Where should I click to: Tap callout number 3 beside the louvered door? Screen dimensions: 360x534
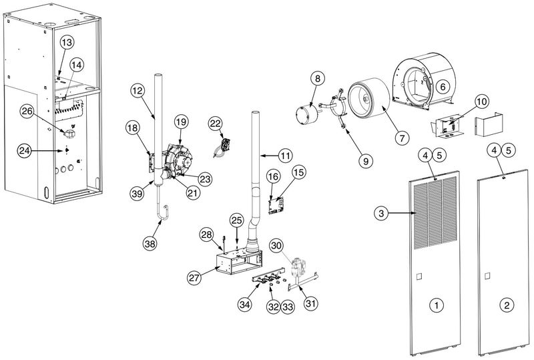(380, 214)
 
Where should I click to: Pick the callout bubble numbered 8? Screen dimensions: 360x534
(318, 79)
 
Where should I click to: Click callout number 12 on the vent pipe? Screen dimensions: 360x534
(137, 90)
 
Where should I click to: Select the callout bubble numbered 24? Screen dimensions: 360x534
(25, 152)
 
